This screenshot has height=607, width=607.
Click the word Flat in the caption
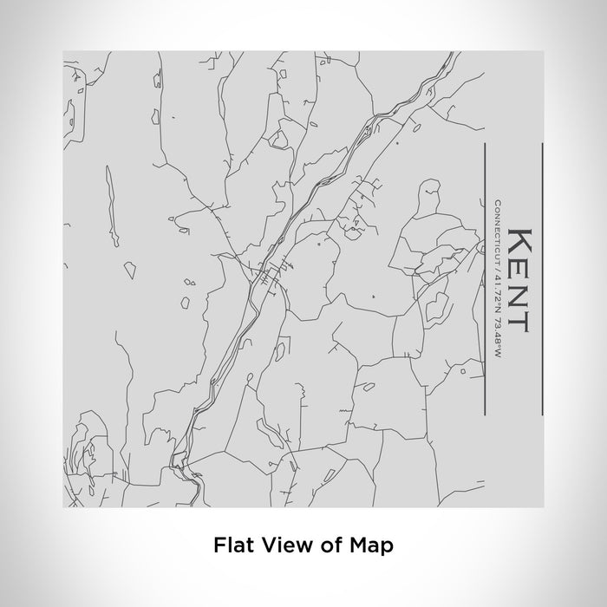(x=232, y=546)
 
